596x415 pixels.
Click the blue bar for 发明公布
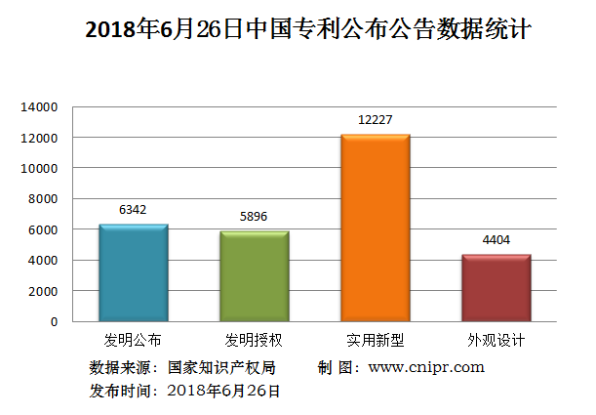134,273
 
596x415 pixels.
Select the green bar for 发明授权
255,276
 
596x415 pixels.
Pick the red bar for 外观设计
497,288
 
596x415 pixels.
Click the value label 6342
134,209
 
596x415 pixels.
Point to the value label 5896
255,216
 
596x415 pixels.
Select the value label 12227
376,119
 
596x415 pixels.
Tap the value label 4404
497,239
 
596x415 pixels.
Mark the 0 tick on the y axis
55,321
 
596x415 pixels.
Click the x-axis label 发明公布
134,341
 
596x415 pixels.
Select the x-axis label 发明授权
255,341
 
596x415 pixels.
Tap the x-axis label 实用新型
376,341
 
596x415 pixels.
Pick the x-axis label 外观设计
497,341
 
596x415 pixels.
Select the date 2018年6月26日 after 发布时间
223,391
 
